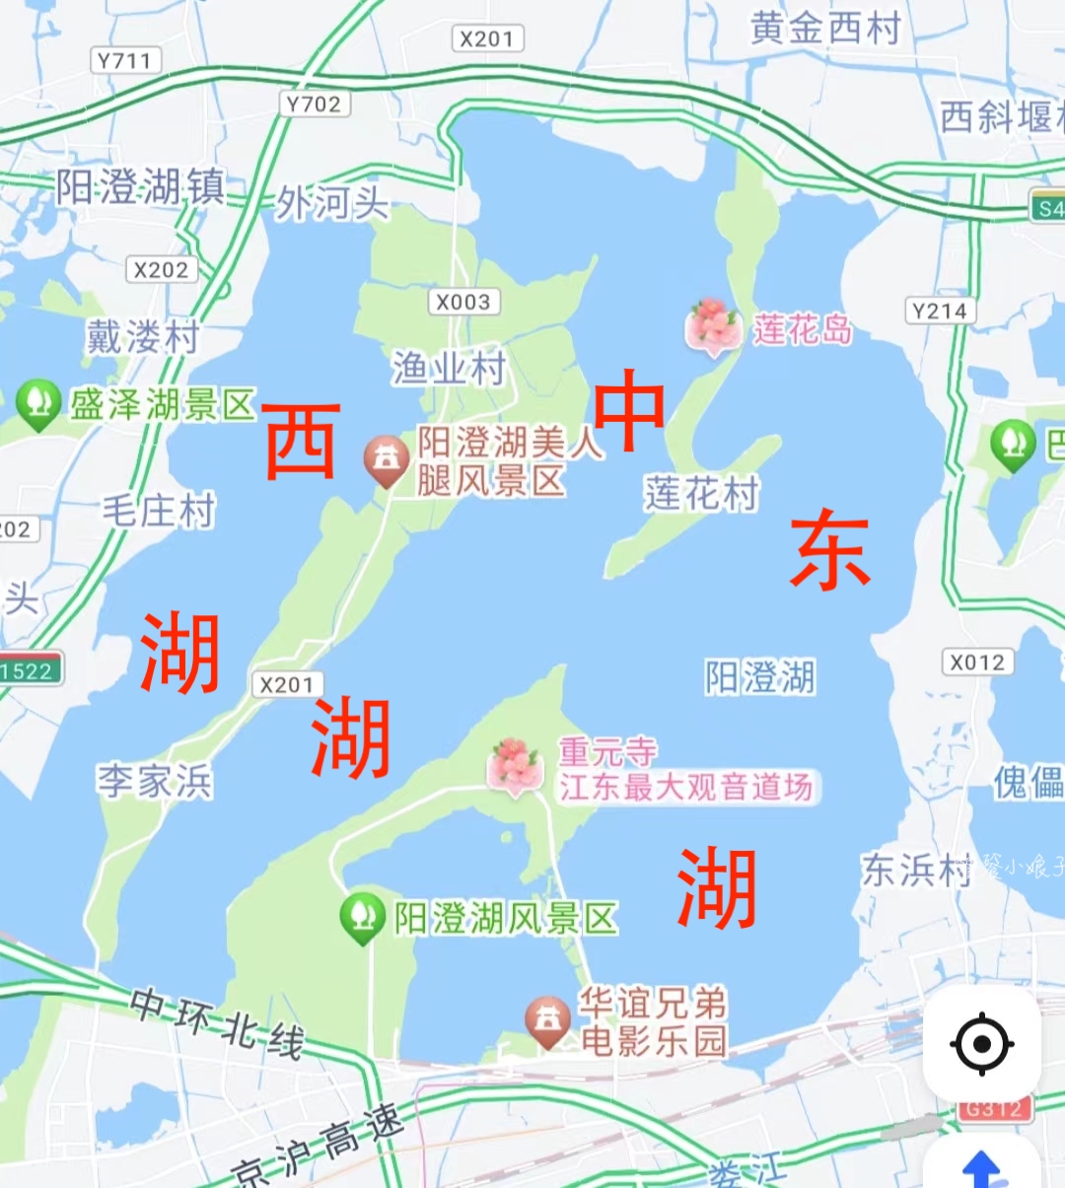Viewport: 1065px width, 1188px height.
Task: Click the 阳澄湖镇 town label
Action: click(x=140, y=185)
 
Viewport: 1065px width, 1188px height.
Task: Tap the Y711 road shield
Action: click(x=124, y=61)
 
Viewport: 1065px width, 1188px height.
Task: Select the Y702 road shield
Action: click(x=314, y=104)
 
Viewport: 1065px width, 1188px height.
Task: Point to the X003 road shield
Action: click(x=462, y=302)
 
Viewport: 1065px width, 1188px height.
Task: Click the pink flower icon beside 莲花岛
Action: click(x=712, y=325)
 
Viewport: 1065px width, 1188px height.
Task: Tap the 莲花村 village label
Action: click(x=702, y=493)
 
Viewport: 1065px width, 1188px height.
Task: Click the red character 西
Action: click(x=302, y=441)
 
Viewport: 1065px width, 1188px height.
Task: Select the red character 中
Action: click(x=628, y=411)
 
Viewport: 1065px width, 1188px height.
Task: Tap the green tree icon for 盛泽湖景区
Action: click(x=37, y=403)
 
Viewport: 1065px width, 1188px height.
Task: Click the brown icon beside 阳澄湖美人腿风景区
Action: click(x=386, y=459)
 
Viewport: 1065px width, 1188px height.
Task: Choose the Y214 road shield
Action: click(x=940, y=312)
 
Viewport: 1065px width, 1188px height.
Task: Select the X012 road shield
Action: click(x=977, y=662)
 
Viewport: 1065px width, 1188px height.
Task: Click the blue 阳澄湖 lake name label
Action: click(x=759, y=677)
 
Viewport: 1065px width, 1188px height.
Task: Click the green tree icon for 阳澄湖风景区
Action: click(x=362, y=916)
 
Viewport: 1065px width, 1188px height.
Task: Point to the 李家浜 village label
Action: click(x=155, y=782)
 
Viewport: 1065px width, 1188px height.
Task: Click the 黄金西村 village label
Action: click(x=825, y=29)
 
